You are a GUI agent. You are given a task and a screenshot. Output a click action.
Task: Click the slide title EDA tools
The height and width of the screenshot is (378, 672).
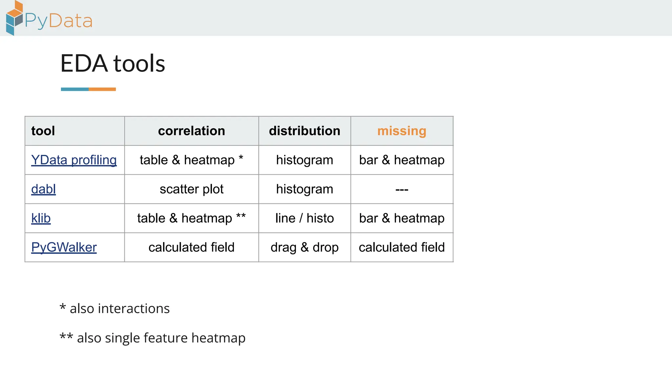pyautogui.click(x=113, y=63)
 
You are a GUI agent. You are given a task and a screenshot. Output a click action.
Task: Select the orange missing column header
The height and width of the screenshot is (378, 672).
pyautogui.click(x=402, y=131)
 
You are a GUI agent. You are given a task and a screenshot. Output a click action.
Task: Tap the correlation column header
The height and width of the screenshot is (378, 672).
pyautogui.click(x=191, y=131)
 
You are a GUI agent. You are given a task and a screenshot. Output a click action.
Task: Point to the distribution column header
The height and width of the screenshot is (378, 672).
pyautogui.click(x=304, y=131)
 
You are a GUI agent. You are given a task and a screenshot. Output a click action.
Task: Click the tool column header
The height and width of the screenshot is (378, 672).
pyautogui.click(x=43, y=131)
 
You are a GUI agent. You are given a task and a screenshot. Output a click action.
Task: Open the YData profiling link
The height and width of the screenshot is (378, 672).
pyautogui.click(x=74, y=160)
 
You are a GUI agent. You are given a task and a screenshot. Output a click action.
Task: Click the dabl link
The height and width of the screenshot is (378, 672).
pyautogui.click(x=43, y=189)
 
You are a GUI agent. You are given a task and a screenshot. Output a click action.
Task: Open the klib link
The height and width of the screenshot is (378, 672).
pyautogui.click(x=41, y=218)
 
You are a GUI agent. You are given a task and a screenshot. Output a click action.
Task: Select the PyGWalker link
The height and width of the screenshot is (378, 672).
pyautogui.click(x=64, y=247)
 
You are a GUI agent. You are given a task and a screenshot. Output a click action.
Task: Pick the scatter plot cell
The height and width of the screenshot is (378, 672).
pyautogui.click(x=191, y=189)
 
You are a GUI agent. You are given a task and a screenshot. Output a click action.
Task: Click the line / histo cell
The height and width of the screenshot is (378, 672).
pyautogui.click(x=304, y=218)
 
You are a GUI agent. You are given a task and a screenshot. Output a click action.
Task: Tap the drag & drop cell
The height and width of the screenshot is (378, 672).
pyautogui.click(x=304, y=247)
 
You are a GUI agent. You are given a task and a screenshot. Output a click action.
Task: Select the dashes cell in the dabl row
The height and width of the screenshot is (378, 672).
pyautogui.click(x=402, y=190)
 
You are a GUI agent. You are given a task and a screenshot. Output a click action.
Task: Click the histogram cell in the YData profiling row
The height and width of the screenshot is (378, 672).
pyautogui.click(x=304, y=160)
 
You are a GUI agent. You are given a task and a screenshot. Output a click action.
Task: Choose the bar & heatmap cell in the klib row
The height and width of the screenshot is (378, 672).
pyautogui.click(x=402, y=218)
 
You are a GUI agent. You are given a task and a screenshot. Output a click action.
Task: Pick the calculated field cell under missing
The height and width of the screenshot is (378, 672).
pyautogui.click(x=402, y=247)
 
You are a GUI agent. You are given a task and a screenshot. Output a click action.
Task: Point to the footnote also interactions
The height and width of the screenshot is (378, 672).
pyautogui.click(x=115, y=308)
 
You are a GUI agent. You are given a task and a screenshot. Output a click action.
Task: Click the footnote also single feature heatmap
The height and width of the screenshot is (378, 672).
pyautogui.click(x=153, y=338)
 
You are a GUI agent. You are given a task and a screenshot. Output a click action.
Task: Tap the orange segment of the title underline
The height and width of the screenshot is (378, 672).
pyautogui.click(x=102, y=89)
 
